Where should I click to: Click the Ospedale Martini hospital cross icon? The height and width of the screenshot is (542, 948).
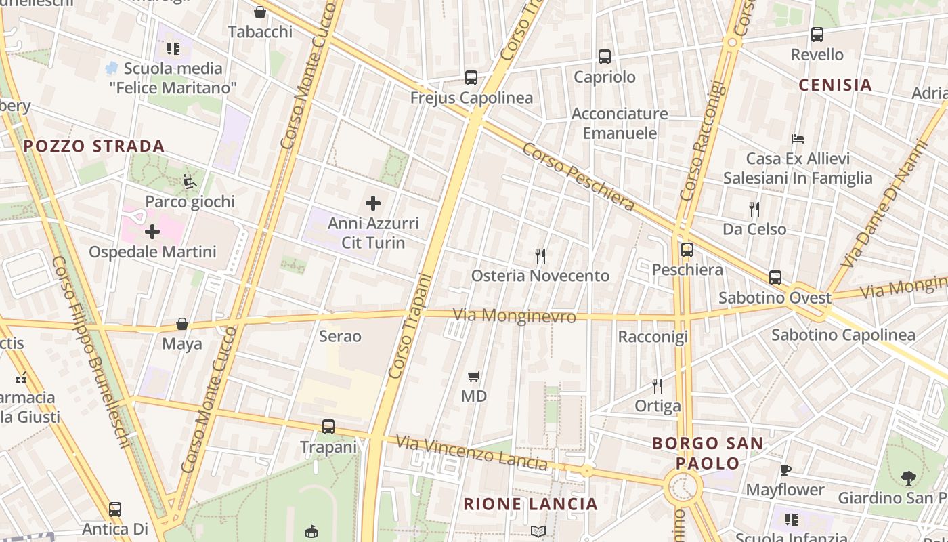pyautogui.click(x=152, y=232)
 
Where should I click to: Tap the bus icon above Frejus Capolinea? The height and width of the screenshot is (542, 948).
pyautogui.click(x=471, y=78)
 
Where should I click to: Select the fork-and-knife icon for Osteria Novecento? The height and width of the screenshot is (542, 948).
pyautogui.click(x=540, y=256)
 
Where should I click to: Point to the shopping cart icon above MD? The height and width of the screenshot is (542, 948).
pyautogui.click(x=474, y=376)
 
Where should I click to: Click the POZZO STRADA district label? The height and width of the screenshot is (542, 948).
pyautogui.click(x=94, y=146)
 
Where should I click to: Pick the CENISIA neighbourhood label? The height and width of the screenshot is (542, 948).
pyautogui.click(x=835, y=85)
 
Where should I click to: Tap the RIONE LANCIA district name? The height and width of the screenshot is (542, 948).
pyautogui.click(x=531, y=504)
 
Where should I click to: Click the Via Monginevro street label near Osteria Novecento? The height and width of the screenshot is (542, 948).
pyautogui.click(x=515, y=316)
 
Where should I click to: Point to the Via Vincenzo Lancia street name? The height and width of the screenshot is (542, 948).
pyautogui.click(x=472, y=453)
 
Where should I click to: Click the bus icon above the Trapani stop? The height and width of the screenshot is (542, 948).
pyautogui.click(x=328, y=427)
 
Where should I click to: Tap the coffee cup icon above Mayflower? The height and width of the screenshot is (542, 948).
pyautogui.click(x=785, y=470)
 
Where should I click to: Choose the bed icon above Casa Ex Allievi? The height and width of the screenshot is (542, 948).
pyautogui.click(x=798, y=139)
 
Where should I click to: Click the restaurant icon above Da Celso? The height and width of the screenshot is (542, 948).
pyautogui.click(x=754, y=209)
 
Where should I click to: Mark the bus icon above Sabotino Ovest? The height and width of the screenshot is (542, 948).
pyautogui.click(x=775, y=278)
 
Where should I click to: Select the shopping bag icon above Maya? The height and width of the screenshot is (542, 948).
pyautogui.click(x=182, y=324)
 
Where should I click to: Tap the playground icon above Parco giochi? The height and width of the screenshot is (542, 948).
pyautogui.click(x=190, y=182)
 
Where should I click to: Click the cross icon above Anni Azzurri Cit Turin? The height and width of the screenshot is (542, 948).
pyautogui.click(x=373, y=203)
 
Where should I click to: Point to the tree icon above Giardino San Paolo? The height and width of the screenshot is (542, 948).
pyautogui.click(x=908, y=478)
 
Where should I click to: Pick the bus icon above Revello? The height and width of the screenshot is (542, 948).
pyautogui.click(x=817, y=35)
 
